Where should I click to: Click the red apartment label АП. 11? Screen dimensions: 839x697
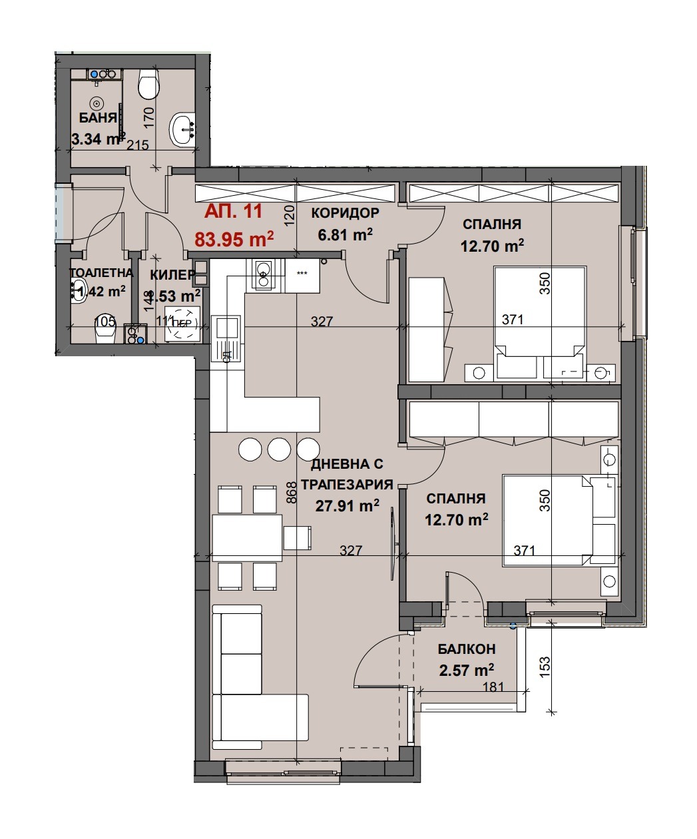(x=233, y=212)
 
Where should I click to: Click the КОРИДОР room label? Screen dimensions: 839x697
(x=345, y=213)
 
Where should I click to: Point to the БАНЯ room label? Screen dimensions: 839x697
(x=98, y=118)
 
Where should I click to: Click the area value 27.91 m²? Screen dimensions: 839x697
(x=347, y=506)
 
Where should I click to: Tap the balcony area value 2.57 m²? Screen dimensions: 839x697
(x=466, y=670)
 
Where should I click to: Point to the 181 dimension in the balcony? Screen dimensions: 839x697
(x=493, y=687)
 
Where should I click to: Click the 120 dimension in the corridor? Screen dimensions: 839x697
(x=289, y=217)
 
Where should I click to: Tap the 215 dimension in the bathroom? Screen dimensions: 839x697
(x=137, y=145)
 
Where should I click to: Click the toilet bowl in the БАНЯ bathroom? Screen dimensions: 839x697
(x=148, y=85)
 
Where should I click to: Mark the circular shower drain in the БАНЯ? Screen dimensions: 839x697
(x=98, y=103)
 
